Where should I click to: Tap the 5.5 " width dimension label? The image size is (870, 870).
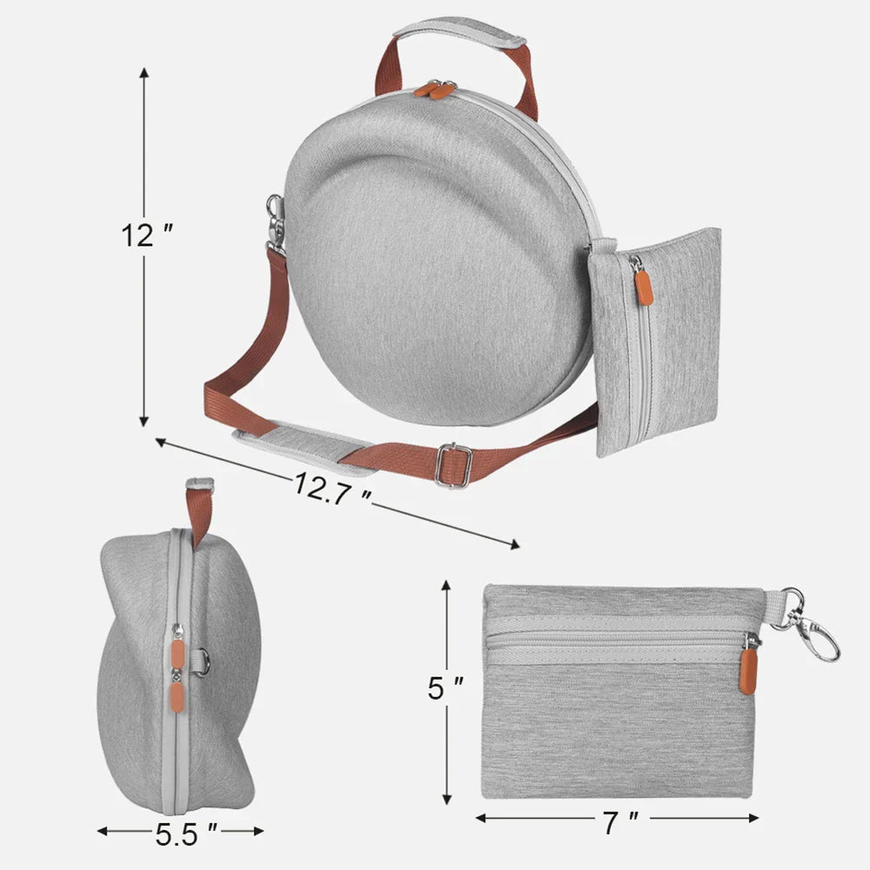click(185, 835)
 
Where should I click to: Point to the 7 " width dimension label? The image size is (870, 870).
click(621, 820)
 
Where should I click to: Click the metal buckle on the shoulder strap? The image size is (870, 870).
click(453, 466)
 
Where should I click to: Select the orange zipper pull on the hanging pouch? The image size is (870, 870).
click(643, 286)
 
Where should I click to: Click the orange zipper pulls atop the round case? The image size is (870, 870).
click(435, 89)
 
